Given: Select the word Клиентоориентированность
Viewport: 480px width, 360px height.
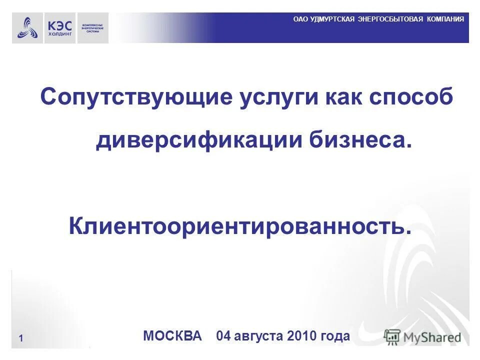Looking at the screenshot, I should (240, 226).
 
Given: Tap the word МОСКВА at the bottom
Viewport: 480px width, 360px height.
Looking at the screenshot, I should (172, 335).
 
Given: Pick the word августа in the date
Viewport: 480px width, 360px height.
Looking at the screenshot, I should (261, 335).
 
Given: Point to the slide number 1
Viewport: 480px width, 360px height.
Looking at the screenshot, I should (21, 338).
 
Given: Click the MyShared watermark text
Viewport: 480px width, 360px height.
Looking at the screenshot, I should (432, 337).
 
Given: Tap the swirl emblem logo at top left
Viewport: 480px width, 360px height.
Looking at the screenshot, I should (27, 27).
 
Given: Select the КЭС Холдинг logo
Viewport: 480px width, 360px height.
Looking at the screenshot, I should (60, 27).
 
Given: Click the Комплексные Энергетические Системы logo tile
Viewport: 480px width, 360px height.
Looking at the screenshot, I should (92, 27).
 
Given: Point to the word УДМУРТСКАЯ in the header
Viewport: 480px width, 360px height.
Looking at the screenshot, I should (332, 19).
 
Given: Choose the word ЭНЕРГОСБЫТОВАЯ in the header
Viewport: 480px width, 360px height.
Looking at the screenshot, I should (390, 19).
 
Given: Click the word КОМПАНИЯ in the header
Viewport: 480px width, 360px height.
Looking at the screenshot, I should (445, 19).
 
